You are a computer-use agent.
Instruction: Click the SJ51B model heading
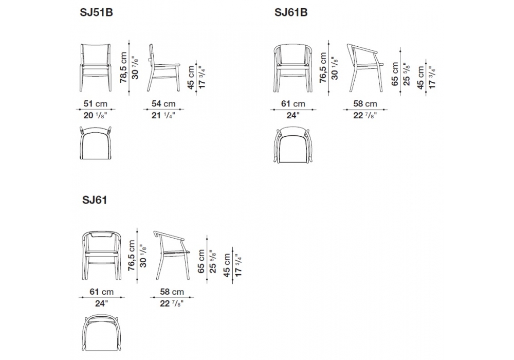(97, 12)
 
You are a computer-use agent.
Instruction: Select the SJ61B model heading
(291, 12)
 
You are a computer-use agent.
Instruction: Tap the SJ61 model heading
(95, 200)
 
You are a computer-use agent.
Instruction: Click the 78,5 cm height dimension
(123, 67)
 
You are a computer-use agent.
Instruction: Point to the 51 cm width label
(96, 103)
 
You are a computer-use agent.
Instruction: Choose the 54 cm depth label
(163, 103)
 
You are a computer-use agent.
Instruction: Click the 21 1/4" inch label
(163, 115)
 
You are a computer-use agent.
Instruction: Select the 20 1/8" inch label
(96, 115)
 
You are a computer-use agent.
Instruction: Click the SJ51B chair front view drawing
(96, 67)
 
